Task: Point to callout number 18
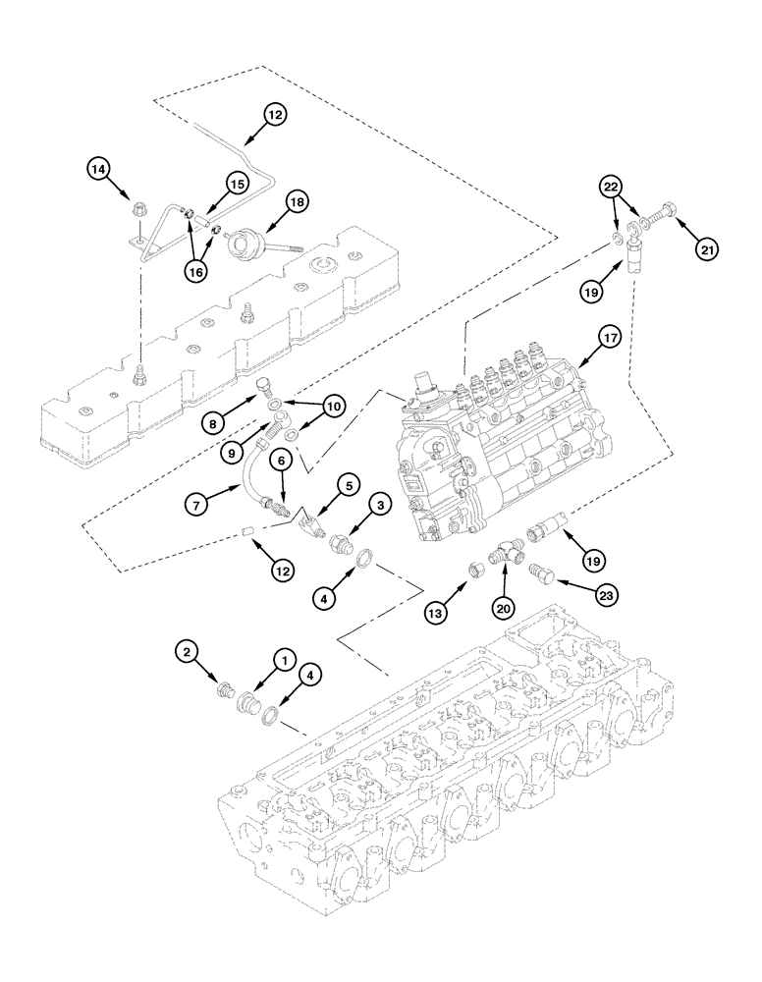[297, 202]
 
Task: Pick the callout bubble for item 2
[188, 650]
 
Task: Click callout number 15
[237, 183]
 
